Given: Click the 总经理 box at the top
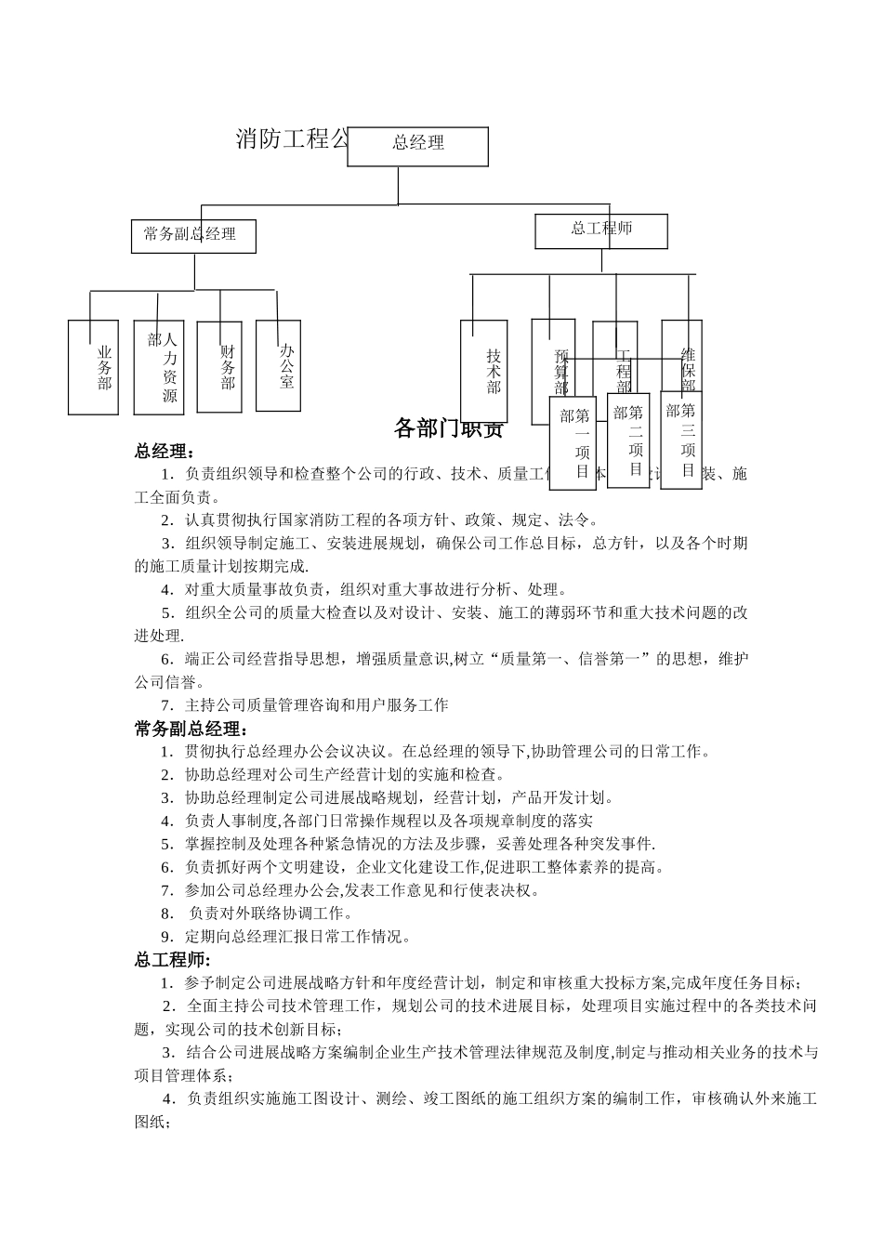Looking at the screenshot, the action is pyautogui.click(x=417, y=146).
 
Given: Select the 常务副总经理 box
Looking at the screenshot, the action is pyautogui.click(x=193, y=235).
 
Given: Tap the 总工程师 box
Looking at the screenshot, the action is pyautogui.click(x=600, y=230).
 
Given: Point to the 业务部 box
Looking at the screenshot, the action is pyautogui.click(x=91, y=368).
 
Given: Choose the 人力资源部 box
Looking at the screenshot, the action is pyautogui.click(x=159, y=368).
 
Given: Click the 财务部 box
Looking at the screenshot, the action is pyautogui.click(x=219, y=366).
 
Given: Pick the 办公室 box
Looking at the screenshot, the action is pyautogui.click(x=278, y=365).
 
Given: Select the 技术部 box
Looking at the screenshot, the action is pyautogui.click(x=483, y=371).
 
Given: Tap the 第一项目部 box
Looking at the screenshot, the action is pyautogui.click(x=573, y=443).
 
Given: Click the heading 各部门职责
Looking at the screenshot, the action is pyautogui.click(x=448, y=428).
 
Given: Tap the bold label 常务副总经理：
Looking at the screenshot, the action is pyautogui.click(x=191, y=729).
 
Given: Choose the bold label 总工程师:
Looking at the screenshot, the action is pyautogui.click(x=173, y=960).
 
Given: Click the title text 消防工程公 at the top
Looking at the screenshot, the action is pyautogui.click(x=290, y=140).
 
